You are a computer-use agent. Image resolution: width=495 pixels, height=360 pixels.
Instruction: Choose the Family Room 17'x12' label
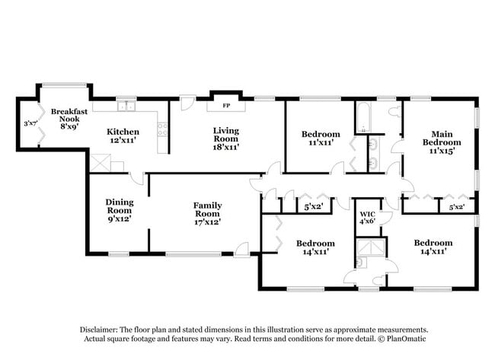tap(207, 214)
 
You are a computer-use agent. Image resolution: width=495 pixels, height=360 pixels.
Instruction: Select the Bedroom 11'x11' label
tap(319, 139)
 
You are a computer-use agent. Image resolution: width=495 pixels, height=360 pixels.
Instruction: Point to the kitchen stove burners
tap(161, 129)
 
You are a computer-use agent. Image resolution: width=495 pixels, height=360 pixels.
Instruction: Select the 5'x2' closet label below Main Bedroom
tap(457, 206)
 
